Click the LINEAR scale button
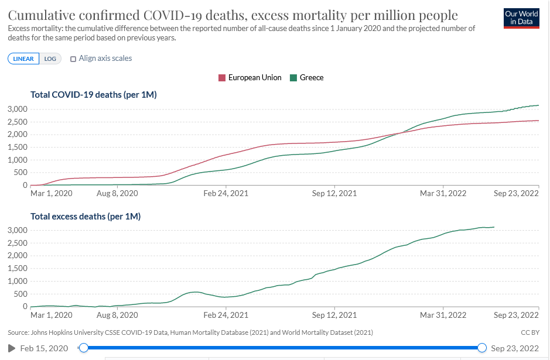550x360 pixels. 23,59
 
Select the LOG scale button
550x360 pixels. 50,59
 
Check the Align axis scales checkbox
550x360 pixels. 73,59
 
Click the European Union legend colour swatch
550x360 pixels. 222,78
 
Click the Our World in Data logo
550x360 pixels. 521,18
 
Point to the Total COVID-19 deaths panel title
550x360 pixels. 94,94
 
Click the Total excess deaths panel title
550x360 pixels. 86,216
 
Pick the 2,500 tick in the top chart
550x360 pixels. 18,122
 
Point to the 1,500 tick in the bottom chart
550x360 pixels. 18,268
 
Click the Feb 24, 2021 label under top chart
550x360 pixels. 226,193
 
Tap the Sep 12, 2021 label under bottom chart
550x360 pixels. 334,315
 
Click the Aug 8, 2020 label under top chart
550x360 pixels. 117,193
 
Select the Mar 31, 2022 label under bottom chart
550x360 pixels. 444,315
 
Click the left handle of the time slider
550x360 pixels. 84,348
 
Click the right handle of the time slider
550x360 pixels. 482,348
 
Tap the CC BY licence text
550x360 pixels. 529,332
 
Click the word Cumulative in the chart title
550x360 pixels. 43,15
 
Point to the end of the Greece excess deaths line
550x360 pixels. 494,227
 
